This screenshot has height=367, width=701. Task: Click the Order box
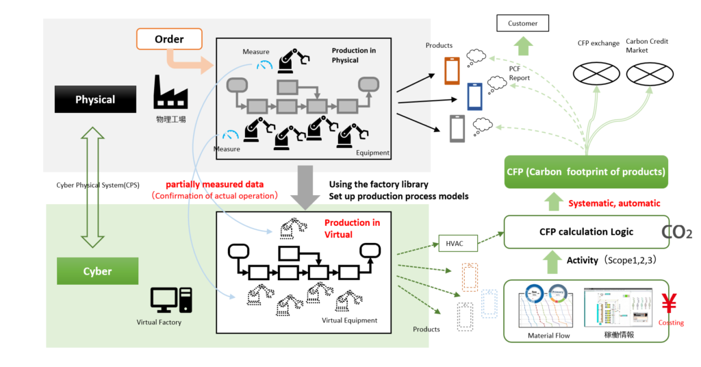point(169,39)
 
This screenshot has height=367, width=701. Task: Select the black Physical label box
point(95,100)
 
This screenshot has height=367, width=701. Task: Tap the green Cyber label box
point(97,271)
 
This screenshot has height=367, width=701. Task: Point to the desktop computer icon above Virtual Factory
point(171,300)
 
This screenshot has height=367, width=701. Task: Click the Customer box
point(522,24)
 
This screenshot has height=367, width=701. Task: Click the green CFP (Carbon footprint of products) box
point(587,171)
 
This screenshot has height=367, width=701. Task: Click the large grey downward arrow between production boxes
point(303,187)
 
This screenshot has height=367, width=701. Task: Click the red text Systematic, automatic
point(614,203)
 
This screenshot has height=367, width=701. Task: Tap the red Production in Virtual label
point(352,228)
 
